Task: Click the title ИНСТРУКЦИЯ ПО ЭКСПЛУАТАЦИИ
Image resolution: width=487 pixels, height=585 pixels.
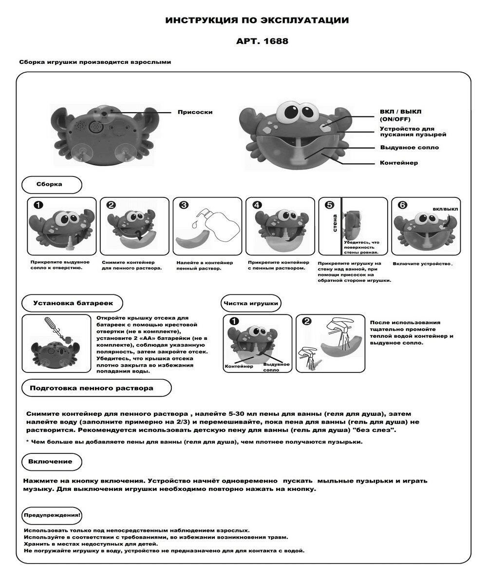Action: (x=257, y=20)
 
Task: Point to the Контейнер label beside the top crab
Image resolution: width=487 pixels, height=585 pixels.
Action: (x=398, y=162)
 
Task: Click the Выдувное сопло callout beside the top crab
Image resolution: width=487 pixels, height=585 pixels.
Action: (x=409, y=147)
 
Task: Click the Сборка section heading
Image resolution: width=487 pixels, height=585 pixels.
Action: (x=49, y=185)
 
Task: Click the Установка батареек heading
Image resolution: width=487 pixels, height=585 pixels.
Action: (x=73, y=303)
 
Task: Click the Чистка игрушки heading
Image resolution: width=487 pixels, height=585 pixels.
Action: (x=251, y=303)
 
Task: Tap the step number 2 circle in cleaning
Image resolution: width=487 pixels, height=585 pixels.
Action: (x=306, y=321)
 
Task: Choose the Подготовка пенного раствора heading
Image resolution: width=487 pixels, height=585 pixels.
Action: (x=92, y=388)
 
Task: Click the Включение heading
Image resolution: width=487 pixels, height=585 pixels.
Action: (x=50, y=461)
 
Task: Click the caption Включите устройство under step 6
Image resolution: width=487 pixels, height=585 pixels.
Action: (x=422, y=264)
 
